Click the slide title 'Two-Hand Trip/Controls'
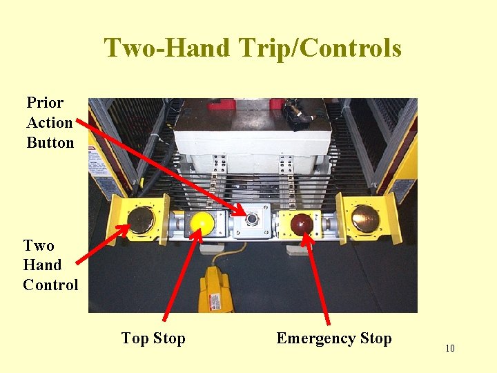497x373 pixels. pyautogui.click(x=253, y=48)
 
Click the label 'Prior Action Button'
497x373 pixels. pyautogui.click(x=50, y=123)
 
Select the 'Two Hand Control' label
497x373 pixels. pyautogui.click(x=50, y=265)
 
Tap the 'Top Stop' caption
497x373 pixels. pyautogui.click(x=153, y=338)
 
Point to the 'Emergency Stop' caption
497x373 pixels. pyautogui.click(x=333, y=338)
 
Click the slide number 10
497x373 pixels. pyautogui.click(x=450, y=348)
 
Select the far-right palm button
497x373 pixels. pyautogui.click(x=365, y=218)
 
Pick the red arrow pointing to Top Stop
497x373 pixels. pyautogui.click(x=181, y=276)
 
